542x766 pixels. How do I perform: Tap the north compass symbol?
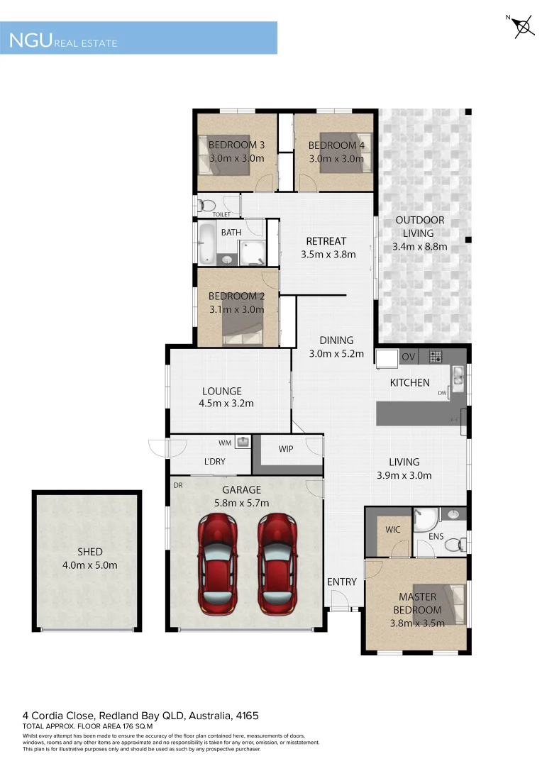click(x=522, y=27)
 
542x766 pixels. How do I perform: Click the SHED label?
click(x=90, y=552)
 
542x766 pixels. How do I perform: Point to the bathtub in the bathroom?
click(x=206, y=243)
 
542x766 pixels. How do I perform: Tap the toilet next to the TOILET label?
click(x=206, y=206)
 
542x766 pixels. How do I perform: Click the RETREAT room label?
click(x=326, y=241)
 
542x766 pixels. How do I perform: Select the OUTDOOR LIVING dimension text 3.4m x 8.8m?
click(x=419, y=247)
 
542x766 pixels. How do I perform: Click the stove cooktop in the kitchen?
click(x=436, y=357)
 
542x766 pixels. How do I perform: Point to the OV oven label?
click(x=408, y=357)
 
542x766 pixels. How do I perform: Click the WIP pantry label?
click(x=286, y=449)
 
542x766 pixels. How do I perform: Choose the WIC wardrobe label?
click(x=393, y=530)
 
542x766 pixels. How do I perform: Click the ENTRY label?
click(x=342, y=582)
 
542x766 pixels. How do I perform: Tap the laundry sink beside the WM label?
click(x=243, y=443)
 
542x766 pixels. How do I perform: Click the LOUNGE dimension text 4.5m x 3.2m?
click(x=226, y=404)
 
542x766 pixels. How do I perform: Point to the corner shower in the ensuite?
click(x=425, y=521)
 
